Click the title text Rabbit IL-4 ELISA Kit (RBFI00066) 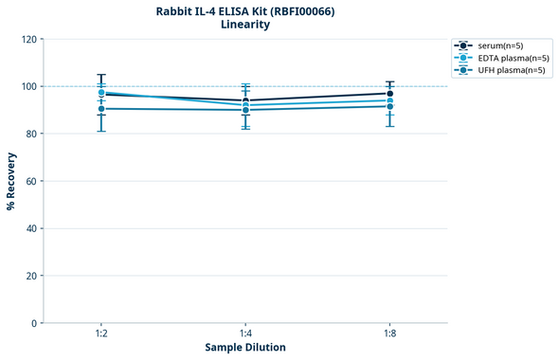(x=245, y=11)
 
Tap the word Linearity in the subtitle (x=245, y=25)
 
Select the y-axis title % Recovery (x=11, y=181)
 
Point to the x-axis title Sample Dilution (x=245, y=348)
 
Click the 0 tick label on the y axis (x=34, y=323)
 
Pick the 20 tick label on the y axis (x=31, y=276)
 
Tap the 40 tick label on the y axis (x=31, y=228)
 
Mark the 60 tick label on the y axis (x=31, y=181)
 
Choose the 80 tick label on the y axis (x=31, y=134)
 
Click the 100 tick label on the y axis (x=28, y=86)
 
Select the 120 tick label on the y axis (x=28, y=40)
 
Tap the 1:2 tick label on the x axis (x=101, y=334)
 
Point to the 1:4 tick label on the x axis (x=245, y=334)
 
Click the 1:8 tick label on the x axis (x=390, y=334)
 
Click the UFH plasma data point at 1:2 (x=101, y=109)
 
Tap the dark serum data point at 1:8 (x=390, y=93)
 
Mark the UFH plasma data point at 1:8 (x=390, y=106)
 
